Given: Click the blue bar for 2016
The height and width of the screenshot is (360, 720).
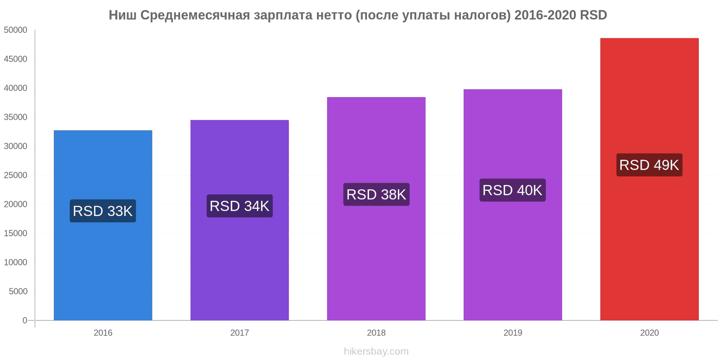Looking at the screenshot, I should (x=103, y=270).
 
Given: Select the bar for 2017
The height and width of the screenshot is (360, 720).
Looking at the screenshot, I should (x=239, y=265).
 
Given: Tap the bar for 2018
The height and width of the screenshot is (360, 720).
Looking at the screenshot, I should (x=376, y=261).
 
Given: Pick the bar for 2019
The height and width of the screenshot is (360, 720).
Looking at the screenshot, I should (x=513, y=256).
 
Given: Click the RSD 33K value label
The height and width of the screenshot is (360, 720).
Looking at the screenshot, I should (x=103, y=211).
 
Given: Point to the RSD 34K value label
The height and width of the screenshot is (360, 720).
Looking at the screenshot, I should (x=239, y=206).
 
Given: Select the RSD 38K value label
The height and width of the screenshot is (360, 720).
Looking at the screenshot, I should (x=376, y=194).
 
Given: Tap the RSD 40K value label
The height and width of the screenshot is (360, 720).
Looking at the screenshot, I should (x=513, y=190).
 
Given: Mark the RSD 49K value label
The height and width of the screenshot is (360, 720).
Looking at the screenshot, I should (x=649, y=165).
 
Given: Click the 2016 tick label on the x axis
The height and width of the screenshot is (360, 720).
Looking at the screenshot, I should (x=103, y=333).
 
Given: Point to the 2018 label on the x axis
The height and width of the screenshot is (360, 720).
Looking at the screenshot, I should (x=376, y=333).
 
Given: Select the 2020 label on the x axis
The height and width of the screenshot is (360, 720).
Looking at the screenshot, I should (x=649, y=333).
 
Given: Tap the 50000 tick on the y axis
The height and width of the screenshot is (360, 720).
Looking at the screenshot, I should (x=16, y=30).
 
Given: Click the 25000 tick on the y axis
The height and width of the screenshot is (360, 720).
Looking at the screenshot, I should (x=16, y=175).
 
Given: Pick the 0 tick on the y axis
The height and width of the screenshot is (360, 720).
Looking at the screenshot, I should (x=25, y=320).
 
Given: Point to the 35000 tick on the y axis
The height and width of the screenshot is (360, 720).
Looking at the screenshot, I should (x=16, y=117).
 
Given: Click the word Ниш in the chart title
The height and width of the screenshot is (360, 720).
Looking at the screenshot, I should (x=123, y=15).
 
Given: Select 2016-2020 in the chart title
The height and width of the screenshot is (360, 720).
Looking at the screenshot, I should (x=545, y=15).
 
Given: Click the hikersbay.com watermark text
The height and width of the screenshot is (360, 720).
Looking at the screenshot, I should (x=376, y=351).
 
